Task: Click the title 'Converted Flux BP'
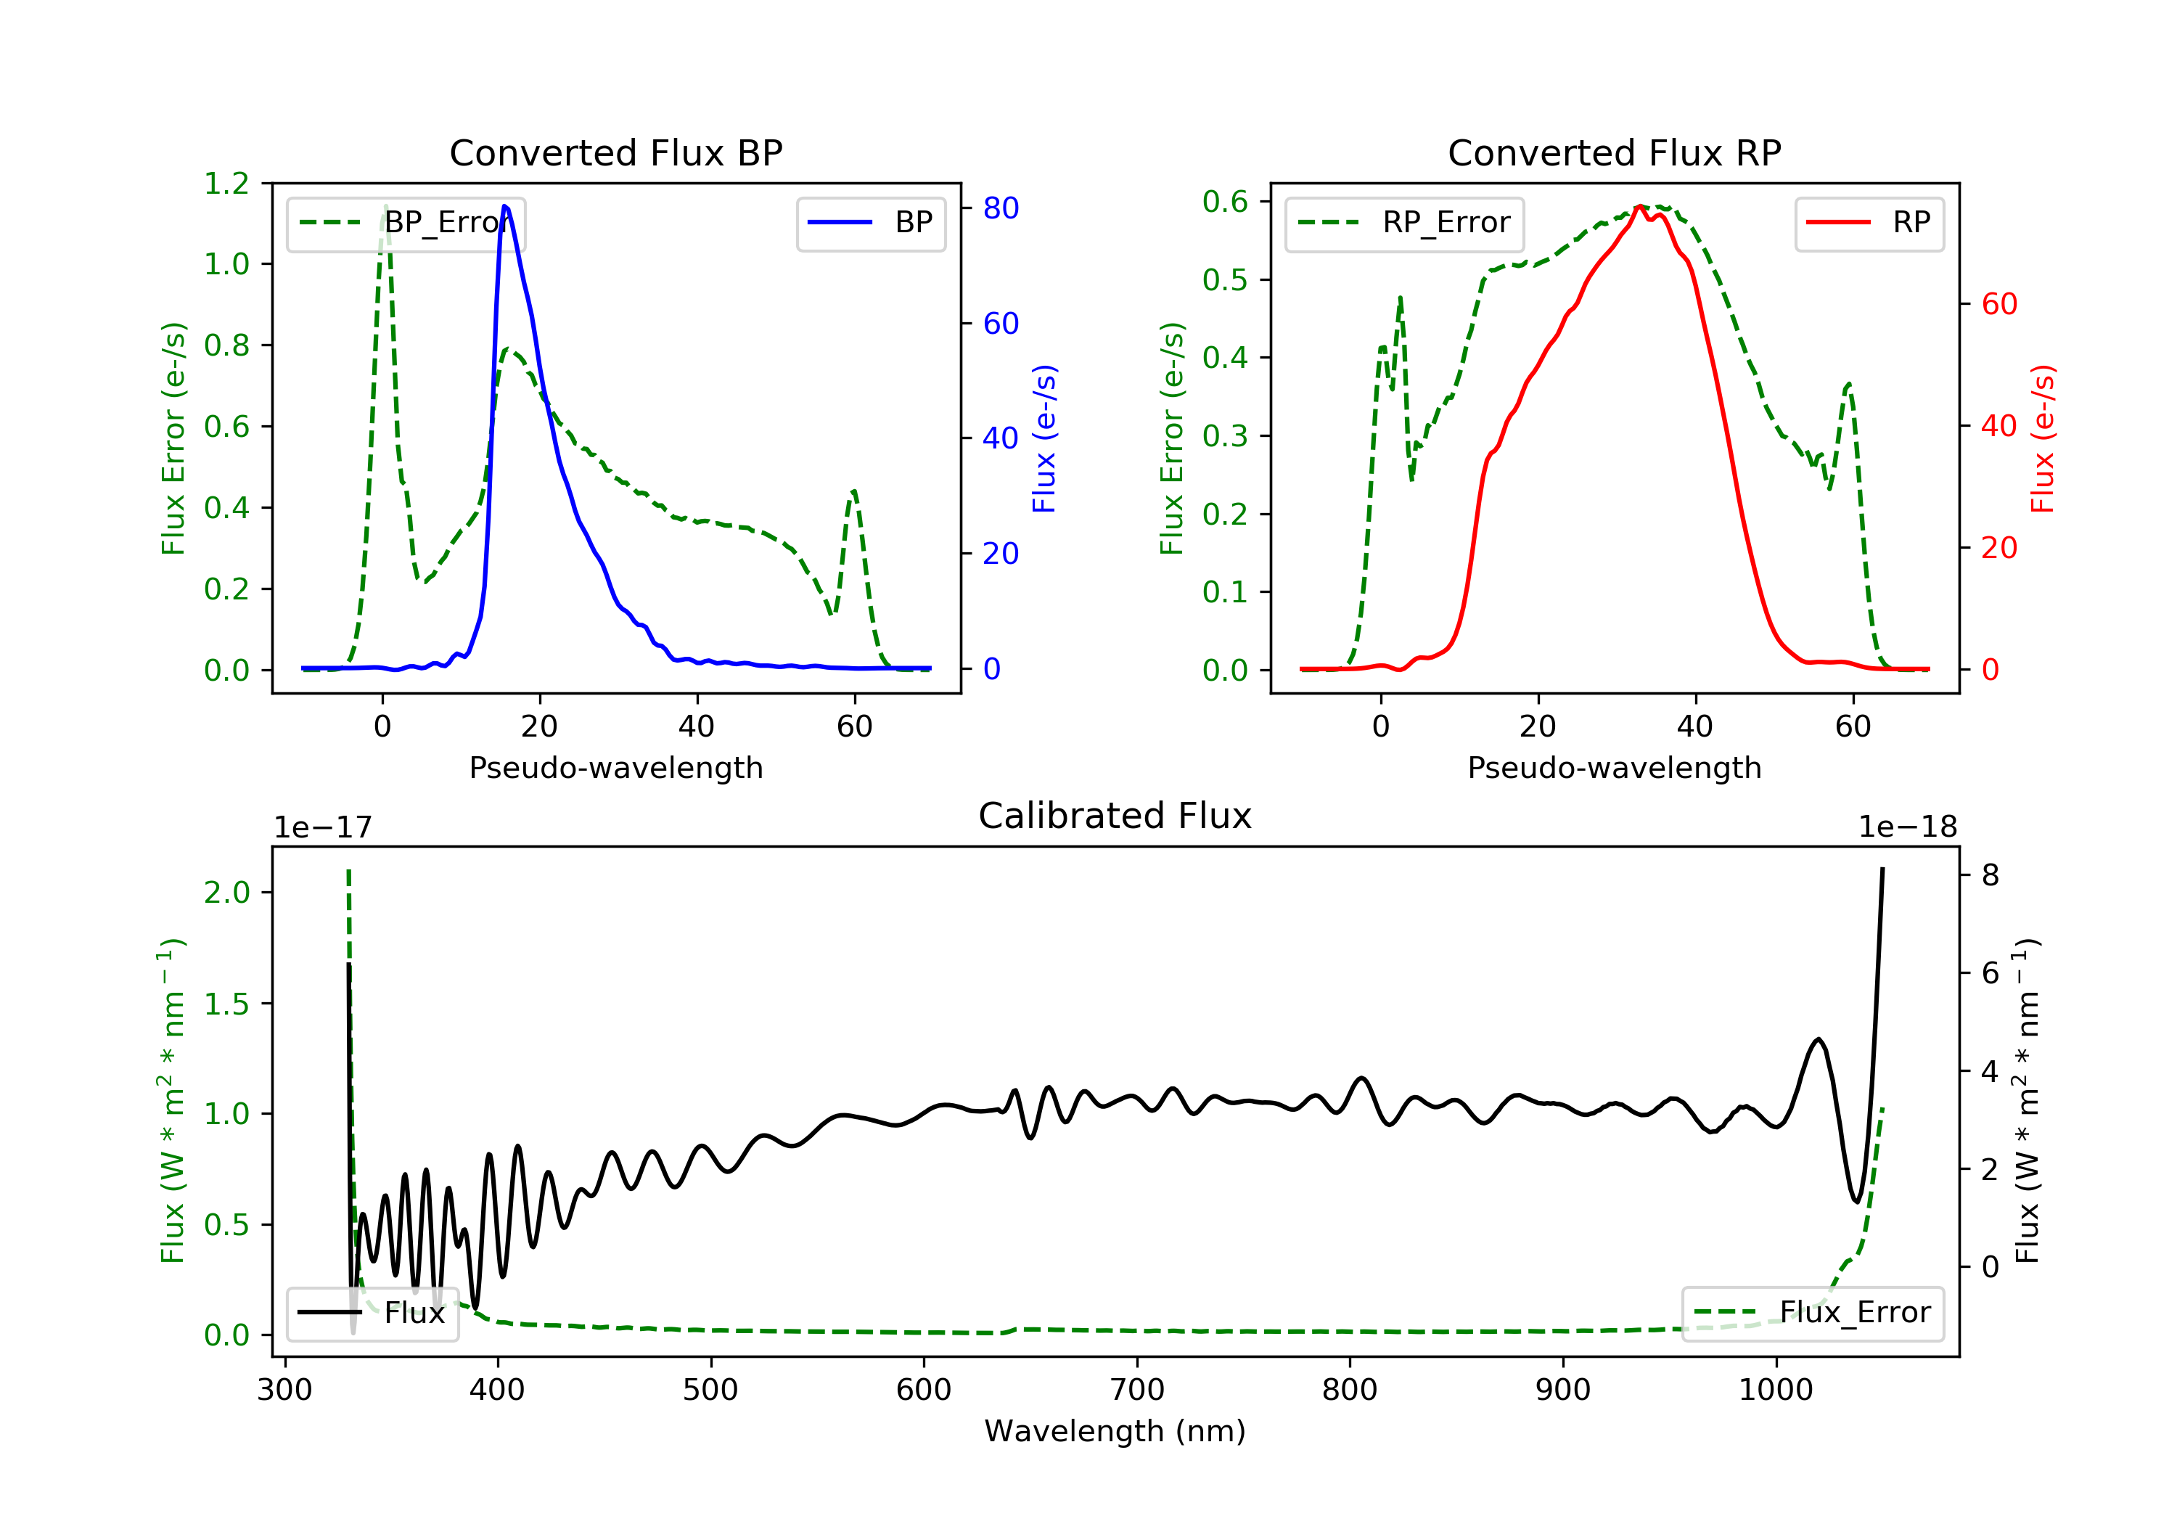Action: (616, 152)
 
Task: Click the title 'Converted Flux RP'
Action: (1615, 152)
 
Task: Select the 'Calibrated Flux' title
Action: (1115, 816)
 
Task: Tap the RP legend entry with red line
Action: (1869, 223)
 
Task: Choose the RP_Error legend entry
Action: (1404, 223)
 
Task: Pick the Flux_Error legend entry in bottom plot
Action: (1812, 1313)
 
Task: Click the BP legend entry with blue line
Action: (870, 223)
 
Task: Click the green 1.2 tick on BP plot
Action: (226, 183)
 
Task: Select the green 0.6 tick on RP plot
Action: (1225, 201)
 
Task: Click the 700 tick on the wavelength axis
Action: (1137, 1389)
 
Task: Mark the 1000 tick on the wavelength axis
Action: (1776, 1389)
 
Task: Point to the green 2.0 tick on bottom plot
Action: (226, 893)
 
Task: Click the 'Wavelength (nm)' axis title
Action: (1115, 1431)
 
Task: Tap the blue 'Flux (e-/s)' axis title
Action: (1044, 438)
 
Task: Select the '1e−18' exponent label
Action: (1908, 827)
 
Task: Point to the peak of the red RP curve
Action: (1639, 206)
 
